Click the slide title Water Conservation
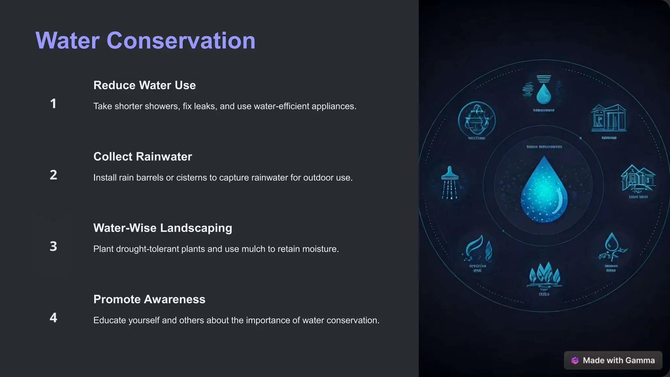145,41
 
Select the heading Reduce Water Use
145,85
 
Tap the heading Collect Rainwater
143,156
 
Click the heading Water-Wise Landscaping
163,228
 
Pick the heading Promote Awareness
149,299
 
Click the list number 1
53,104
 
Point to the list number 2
53,175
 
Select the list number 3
53,246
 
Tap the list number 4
53,317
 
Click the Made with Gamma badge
613,360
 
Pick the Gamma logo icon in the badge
575,360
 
